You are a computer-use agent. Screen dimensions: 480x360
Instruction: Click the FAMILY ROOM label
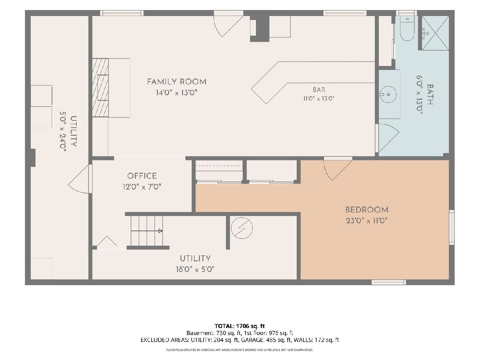click(x=177, y=82)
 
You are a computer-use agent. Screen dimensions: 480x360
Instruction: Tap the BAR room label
click(x=319, y=90)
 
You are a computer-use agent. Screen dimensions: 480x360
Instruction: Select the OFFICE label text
click(x=142, y=176)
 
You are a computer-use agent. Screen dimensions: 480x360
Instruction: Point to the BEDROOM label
click(x=367, y=210)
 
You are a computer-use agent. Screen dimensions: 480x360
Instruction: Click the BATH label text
click(x=430, y=94)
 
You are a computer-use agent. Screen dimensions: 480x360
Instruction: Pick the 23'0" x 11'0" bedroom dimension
click(x=367, y=221)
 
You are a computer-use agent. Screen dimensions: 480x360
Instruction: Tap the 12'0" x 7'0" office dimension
click(x=142, y=187)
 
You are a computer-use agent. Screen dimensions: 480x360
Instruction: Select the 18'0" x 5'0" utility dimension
click(x=195, y=269)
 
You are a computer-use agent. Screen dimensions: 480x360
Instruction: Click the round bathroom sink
click(x=388, y=94)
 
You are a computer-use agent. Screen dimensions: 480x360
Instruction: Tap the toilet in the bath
click(x=407, y=28)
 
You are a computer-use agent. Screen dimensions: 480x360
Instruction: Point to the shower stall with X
click(x=435, y=33)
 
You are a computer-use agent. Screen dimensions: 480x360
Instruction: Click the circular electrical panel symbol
click(x=242, y=228)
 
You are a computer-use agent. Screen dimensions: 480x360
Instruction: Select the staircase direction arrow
click(x=146, y=231)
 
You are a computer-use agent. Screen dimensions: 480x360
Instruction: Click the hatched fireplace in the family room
click(x=100, y=88)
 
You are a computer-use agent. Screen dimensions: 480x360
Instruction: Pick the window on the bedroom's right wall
click(x=452, y=227)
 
